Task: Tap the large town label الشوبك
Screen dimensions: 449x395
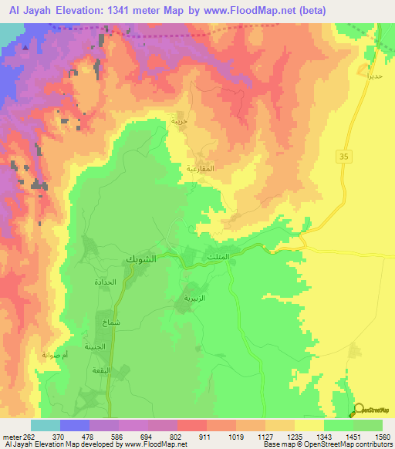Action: [x=140, y=260]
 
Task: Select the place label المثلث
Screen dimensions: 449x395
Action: [x=218, y=256]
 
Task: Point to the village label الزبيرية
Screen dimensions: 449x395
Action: [x=193, y=297]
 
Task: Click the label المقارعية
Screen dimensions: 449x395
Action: [x=201, y=167]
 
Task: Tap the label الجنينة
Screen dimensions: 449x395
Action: [x=95, y=346]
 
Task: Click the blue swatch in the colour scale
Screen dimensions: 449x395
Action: [x=74, y=425]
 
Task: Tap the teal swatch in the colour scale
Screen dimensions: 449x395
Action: [x=45, y=425]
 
